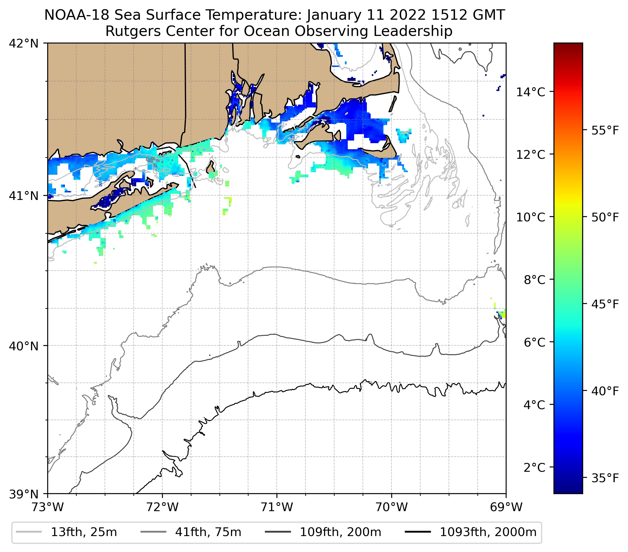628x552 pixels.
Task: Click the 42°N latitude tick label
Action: [x=24, y=44]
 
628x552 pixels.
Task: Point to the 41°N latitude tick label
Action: [x=24, y=196]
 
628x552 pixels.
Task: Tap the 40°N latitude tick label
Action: [x=24, y=346]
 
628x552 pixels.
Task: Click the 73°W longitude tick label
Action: [x=48, y=507]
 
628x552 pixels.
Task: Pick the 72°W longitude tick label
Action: [x=162, y=507]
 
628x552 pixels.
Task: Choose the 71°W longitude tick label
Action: [x=277, y=507]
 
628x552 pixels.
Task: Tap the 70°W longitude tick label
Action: [x=392, y=507]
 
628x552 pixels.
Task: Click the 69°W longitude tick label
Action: [x=506, y=507]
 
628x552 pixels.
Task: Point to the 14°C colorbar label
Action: [x=531, y=92]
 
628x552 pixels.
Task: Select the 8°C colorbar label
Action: [x=534, y=280]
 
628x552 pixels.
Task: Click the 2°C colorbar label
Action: [x=534, y=467]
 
